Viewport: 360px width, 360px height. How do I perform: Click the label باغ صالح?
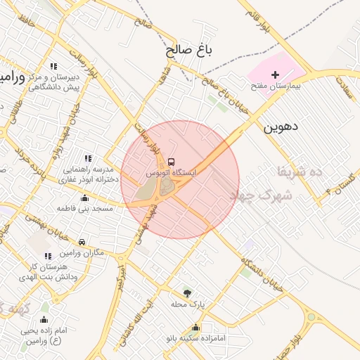[x=190, y=51]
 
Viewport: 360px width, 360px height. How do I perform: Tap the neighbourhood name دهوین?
[x=281, y=128]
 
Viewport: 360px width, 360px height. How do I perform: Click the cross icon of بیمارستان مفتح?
[x=275, y=74]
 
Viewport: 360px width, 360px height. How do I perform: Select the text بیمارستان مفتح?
[x=276, y=86]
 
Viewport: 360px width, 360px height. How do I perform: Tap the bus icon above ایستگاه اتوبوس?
[x=172, y=160]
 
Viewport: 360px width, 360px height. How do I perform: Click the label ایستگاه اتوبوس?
[x=172, y=172]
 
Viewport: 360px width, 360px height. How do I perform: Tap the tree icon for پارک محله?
[x=187, y=292]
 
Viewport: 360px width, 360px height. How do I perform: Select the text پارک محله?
[x=187, y=304]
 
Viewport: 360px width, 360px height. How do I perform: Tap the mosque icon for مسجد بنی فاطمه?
[x=84, y=198]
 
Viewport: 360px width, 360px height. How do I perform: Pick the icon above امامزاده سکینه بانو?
[x=195, y=327]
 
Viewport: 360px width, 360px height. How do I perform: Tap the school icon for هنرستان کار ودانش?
[x=48, y=257]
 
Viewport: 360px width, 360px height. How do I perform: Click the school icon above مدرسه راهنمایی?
[x=88, y=159]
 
